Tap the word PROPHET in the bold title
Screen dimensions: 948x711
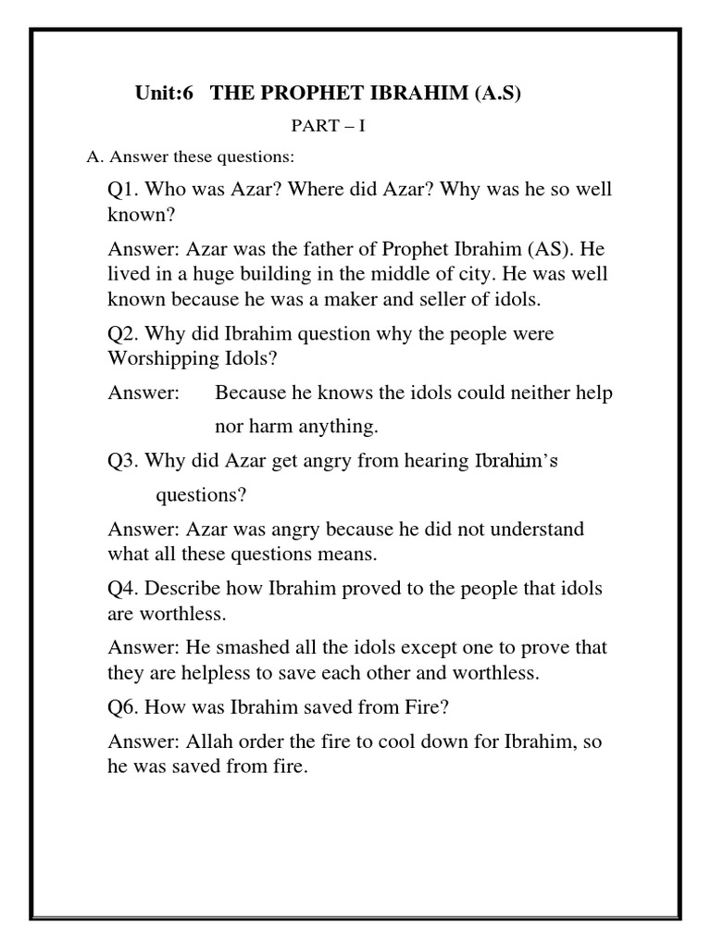pyautogui.click(x=296, y=94)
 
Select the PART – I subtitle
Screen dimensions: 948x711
pyautogui.click(x=329, y=126)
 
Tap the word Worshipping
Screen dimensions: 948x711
pyautogui.click(x=158, y=357)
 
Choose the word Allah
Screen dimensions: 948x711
pyautogui.click(x=214, y=742)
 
